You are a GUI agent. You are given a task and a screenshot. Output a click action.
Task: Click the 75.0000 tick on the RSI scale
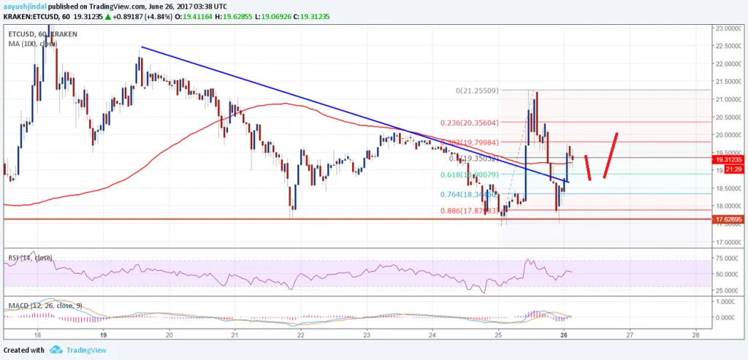click(728, 258)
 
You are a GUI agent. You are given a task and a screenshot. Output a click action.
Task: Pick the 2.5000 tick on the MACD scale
click(728, 302)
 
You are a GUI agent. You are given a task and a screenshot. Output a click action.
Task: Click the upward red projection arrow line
click(611, 155)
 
